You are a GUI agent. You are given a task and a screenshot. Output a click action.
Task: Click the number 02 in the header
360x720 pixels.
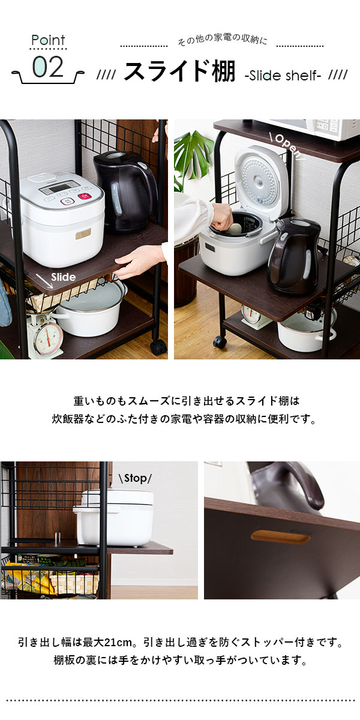point(48,67)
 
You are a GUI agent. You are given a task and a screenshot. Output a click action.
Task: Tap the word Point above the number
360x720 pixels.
point(48,40)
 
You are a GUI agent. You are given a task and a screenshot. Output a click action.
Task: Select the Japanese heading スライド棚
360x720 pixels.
point(179,71)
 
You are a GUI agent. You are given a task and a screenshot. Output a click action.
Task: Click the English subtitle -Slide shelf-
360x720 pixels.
point(283,76)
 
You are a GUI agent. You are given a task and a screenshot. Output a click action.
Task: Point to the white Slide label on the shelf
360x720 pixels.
point(64,277)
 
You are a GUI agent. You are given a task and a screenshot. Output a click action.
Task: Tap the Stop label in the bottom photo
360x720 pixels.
point(135,478)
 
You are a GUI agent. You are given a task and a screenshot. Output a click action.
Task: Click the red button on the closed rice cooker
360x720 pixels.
point(84,196)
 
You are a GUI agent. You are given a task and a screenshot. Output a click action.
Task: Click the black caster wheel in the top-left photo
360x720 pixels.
point(158,347)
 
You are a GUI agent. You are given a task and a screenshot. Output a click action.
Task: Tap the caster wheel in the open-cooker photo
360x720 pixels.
point(220,341)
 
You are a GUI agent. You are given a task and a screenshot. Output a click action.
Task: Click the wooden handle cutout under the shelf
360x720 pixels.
point(281,537)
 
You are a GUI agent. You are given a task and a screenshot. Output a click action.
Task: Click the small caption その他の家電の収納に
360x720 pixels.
point(222,40)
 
